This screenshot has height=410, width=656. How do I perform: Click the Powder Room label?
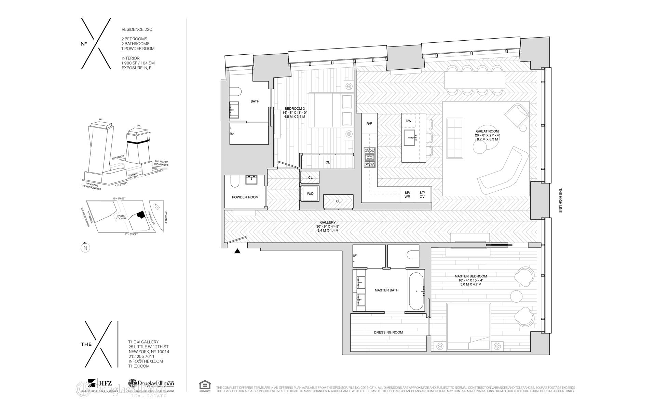[245, 197]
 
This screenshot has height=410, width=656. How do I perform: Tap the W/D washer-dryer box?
[310, 194]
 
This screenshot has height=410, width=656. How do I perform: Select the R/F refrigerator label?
[369, 124]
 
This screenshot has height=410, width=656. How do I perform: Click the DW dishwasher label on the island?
[408, 121]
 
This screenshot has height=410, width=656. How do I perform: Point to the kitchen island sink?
[409, 138]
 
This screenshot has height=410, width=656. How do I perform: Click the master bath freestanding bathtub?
[416, 291]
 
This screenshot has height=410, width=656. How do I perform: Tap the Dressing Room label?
[388, 332]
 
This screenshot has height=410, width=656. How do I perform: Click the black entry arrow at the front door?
[237, 251]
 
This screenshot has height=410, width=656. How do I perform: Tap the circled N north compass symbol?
[85, 248]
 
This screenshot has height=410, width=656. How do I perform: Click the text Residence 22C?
[137, 29]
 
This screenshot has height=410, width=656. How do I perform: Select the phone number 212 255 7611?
[141, 356]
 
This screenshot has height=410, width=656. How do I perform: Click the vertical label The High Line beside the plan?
[560, 201]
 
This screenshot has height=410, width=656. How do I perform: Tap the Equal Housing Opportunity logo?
[205, 385]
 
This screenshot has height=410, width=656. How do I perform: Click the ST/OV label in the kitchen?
[422, 194]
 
